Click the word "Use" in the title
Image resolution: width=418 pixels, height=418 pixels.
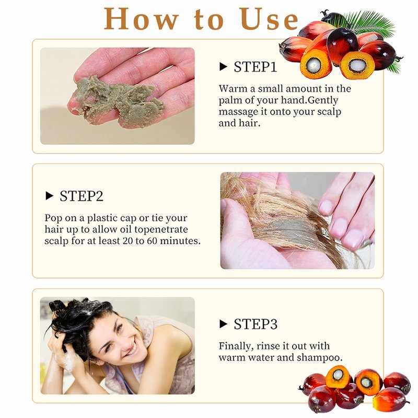coord(269,19)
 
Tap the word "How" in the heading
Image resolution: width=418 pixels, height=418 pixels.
coord(141,19)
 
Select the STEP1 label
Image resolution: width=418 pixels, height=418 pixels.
coord(256,67)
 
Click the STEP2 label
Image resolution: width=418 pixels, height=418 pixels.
coord(82,196)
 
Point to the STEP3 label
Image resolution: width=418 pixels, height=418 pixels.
coord(256,324)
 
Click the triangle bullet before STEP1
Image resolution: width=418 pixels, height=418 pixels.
coord(223,66)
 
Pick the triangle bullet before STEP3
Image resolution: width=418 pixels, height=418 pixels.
coord(223,324)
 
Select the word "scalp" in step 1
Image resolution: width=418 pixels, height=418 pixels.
coord(329,112)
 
